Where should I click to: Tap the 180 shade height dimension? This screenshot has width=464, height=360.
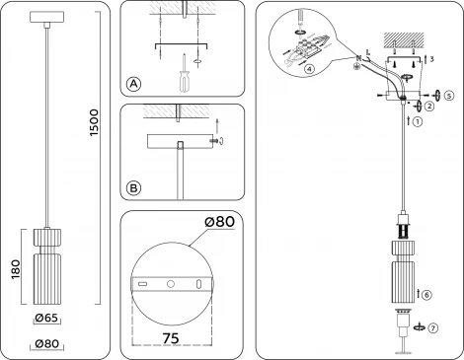14,269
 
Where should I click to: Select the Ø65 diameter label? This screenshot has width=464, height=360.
47,319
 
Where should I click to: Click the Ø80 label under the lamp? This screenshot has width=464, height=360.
47,343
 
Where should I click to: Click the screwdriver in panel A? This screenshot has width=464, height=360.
185,76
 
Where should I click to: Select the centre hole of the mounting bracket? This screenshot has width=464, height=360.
171,284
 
